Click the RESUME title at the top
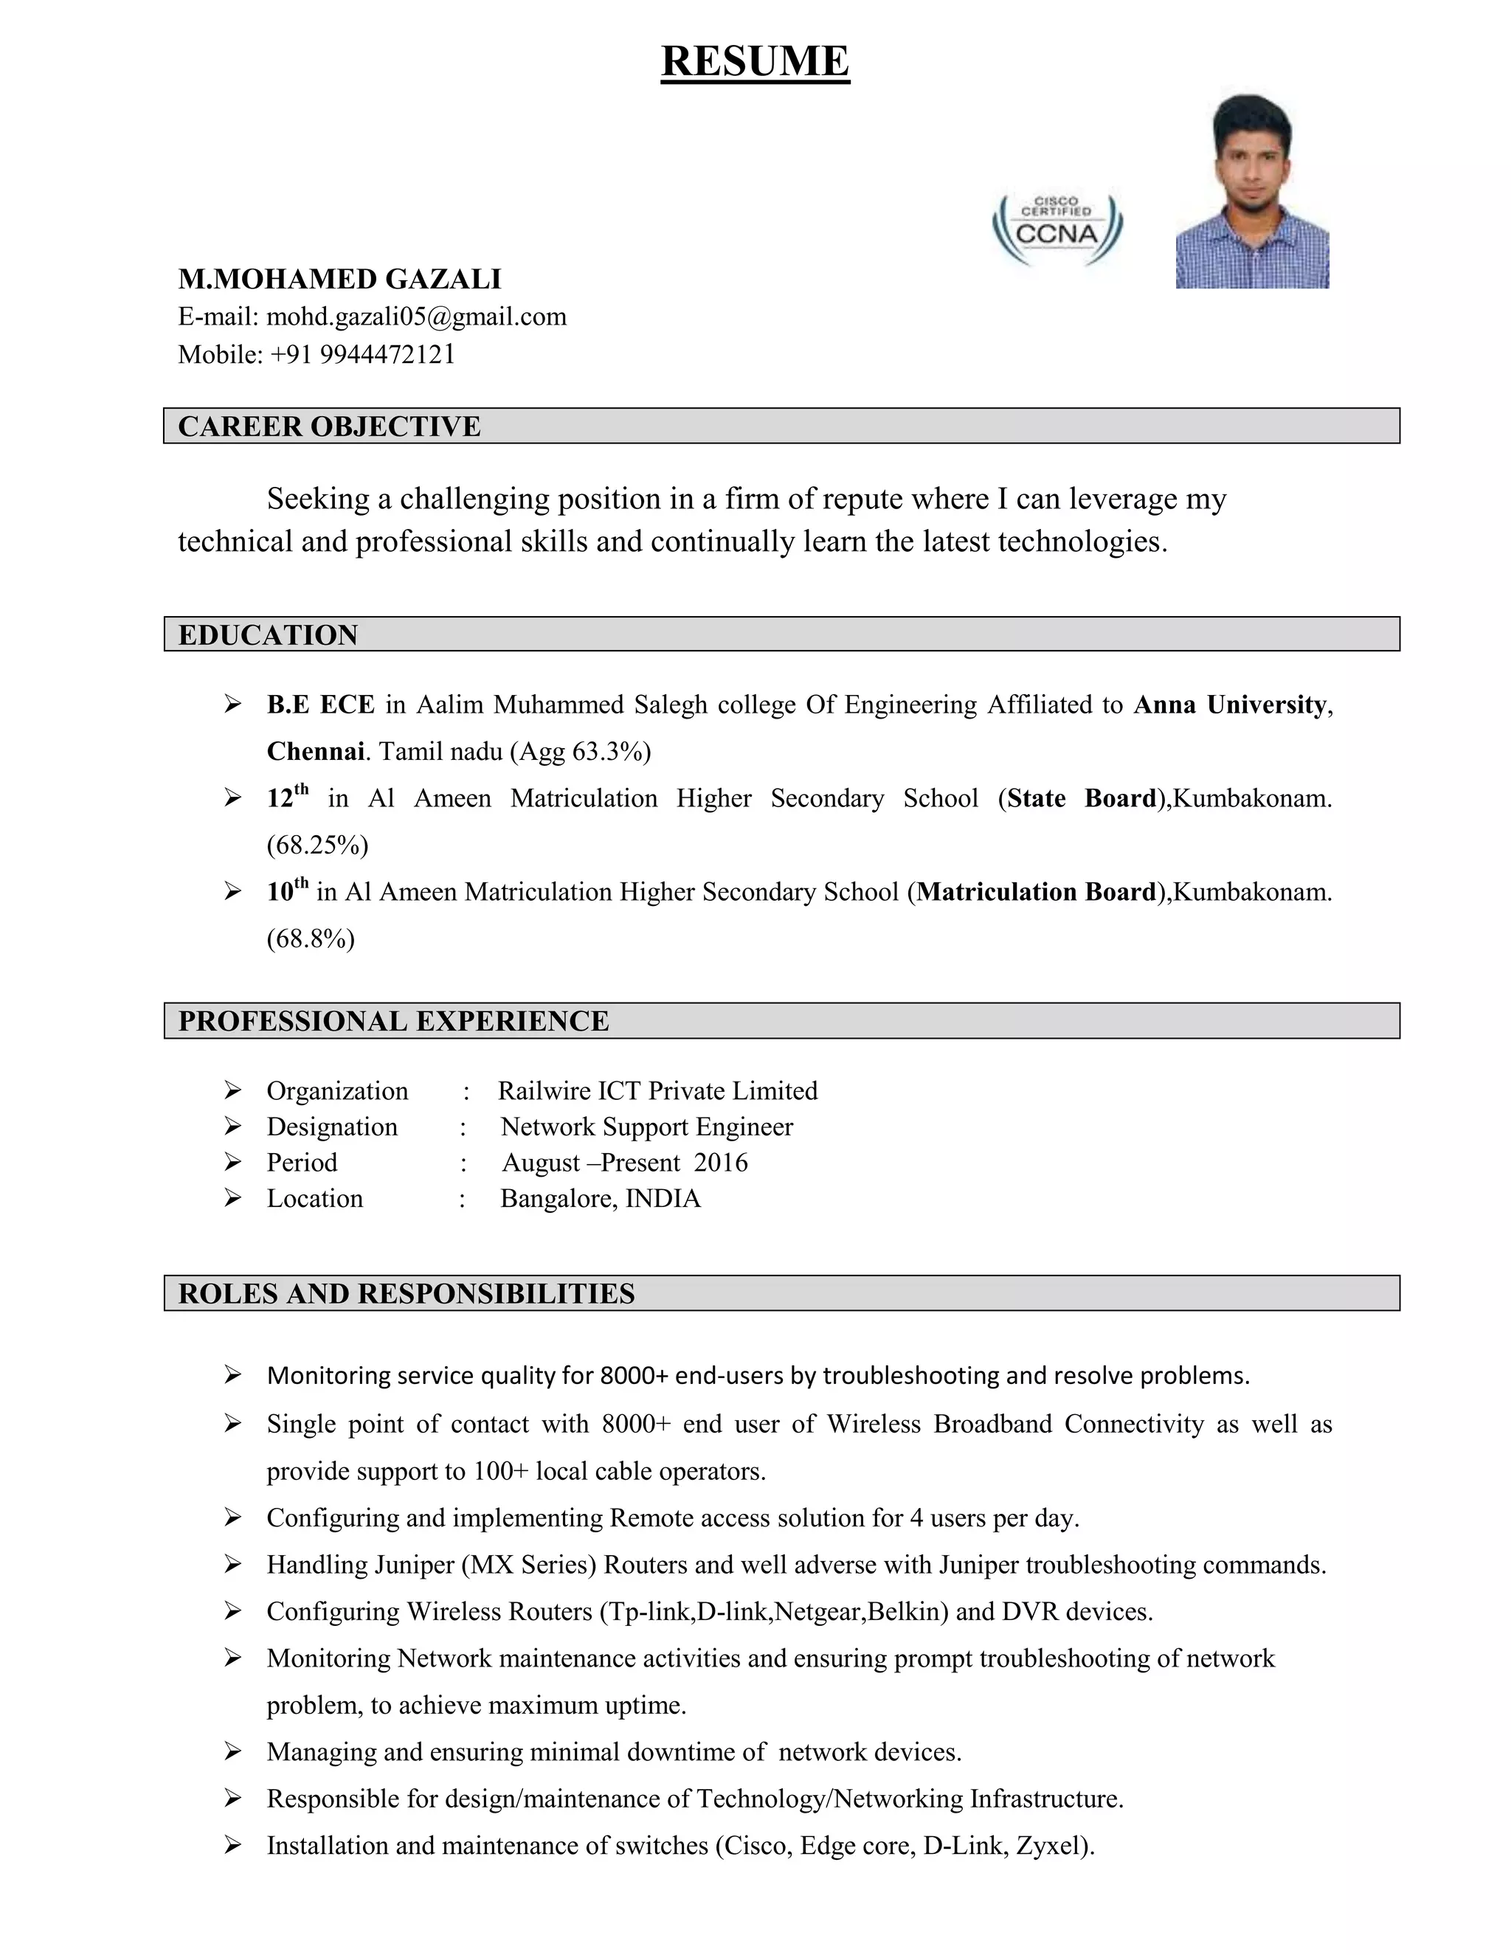click(755, 62)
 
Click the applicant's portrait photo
click(1251, 192)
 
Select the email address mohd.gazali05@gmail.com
click(416, 317)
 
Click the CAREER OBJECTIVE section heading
click(329, 426)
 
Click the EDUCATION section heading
click(268, 634)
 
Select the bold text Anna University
click(1230, 705)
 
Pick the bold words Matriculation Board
click(1037, 892)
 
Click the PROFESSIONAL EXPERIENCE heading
click(393, 1020)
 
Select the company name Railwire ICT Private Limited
click(658, 1090)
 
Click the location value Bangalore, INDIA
click(600, 1199)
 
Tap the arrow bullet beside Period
click(232, 1162)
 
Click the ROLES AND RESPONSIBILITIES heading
click(407, 1293)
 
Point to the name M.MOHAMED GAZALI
click(339, 280)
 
